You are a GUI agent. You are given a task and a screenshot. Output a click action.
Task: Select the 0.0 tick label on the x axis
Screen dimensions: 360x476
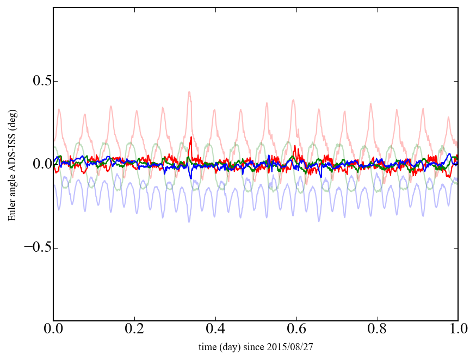(x=53, y=330)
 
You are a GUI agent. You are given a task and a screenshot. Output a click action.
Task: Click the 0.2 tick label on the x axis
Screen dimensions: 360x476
(x=134, y=330)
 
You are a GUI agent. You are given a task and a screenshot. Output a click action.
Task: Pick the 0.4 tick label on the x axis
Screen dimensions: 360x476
(x=215, y=330)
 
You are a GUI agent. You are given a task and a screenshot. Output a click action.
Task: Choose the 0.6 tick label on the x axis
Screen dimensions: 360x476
(x=296, y=330)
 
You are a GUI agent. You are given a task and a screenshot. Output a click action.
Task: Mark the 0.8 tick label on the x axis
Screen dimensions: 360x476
(x=377, y=330)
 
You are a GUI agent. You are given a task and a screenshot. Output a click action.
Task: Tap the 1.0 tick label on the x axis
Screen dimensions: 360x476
(x=458, y=330)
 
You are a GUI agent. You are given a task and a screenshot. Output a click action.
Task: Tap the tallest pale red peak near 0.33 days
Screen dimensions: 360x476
(x=189, y=92)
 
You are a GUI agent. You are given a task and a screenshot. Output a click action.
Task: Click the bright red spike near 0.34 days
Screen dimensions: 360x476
(x=191, y=138)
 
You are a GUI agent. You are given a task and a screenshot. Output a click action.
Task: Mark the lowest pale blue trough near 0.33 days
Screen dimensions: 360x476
(x=189, y=221)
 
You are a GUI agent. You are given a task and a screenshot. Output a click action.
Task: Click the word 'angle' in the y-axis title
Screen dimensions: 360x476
(x=12, y=188)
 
